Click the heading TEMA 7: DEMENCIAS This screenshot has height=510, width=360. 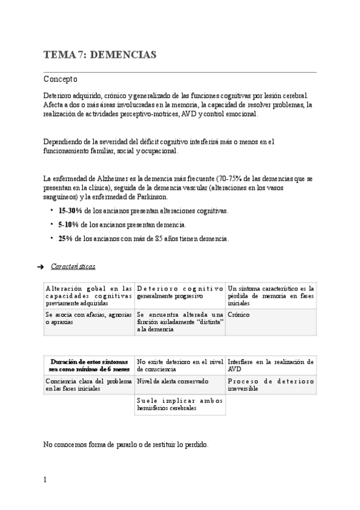tap(100, 55)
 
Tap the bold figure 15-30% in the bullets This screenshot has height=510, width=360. tap(70, 211)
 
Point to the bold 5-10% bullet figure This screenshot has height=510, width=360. tap(68, 224)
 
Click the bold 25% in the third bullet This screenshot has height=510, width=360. tap(66, 238)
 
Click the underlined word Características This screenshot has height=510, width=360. tap(73, 266)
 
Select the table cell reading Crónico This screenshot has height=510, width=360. tap(239, 315)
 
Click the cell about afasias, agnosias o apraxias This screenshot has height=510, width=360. tap(88, 318)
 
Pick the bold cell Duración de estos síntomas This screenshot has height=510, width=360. tap(89, 365)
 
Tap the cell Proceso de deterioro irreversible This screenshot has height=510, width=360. tap(270, 385)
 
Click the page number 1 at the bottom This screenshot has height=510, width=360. tap(45, 481)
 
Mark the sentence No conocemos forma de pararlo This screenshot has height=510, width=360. tap(126, 444)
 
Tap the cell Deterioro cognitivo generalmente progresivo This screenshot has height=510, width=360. tap(180, 292)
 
